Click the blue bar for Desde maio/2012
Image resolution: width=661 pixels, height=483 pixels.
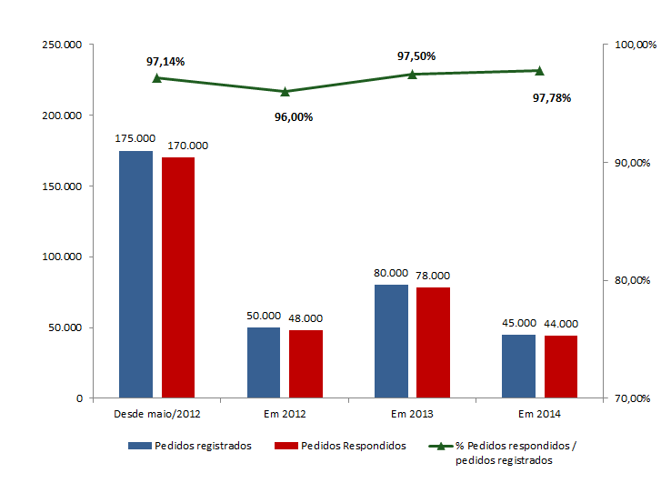[x=135, y=274]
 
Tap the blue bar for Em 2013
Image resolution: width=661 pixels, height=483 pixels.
[x=391, y=341]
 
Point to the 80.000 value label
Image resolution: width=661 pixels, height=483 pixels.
[x=391, y=272]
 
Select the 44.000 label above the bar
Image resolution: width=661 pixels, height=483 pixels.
[x=561, y=323]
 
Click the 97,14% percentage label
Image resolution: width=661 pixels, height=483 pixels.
[x=165, y=62]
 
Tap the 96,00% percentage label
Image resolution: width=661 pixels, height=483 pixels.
[x=294, y=116]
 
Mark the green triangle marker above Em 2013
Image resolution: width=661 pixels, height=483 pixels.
[x=412, y=74]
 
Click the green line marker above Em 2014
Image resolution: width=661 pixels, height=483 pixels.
[x=539, y=70]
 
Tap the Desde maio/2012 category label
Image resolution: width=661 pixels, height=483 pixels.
[x=157, y=414]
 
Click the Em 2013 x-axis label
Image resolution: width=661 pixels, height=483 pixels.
[x=412, y=414]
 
